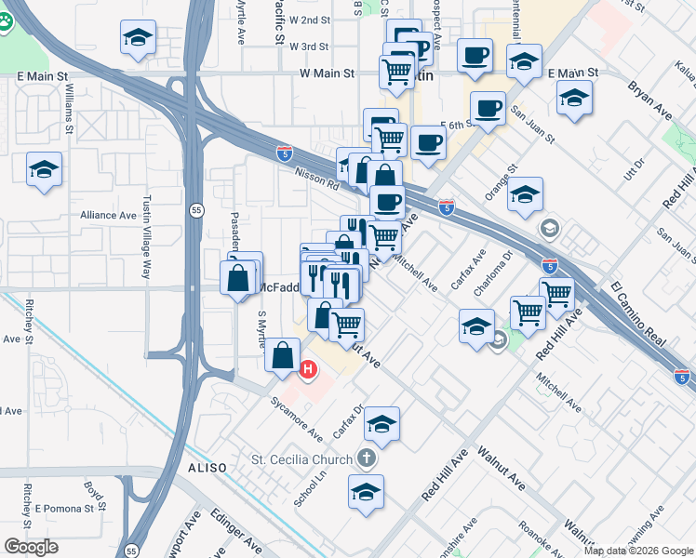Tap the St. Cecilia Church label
click(302, 459)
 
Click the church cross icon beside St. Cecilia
click(368, 458)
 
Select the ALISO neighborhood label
click(207, 467)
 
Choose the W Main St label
click(328, 73)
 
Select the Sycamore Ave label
click(296, 422)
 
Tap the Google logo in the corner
click(31, 546)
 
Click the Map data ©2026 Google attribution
click(638, 551)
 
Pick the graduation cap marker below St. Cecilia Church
click(367, 492)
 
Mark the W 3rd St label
click(309, 46)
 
